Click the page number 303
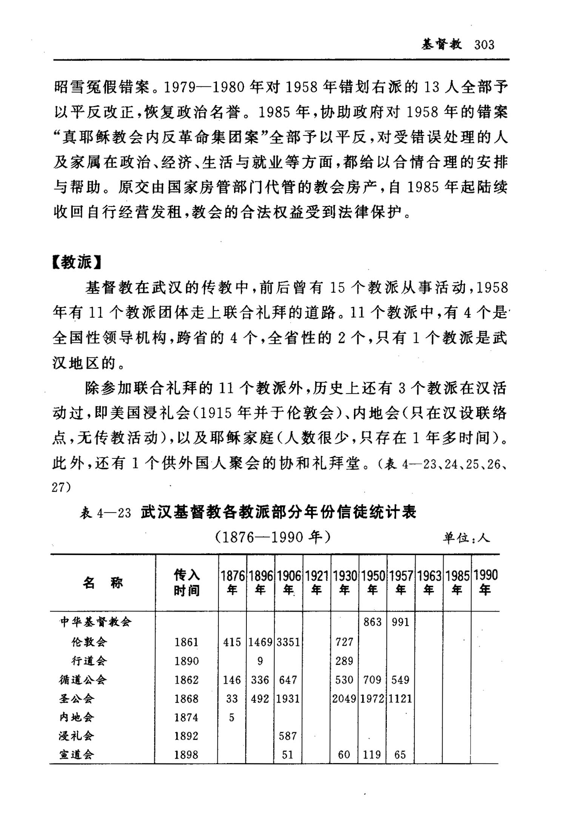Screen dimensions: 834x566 click(x=484, y=45)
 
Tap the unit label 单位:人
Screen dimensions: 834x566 click(x=466, y=537)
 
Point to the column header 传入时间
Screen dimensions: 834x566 click(x=186, y=583)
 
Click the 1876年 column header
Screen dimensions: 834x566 click(x=232, y=583)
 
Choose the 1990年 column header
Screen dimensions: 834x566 click(x=485, y=583)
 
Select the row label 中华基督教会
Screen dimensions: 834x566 click(x=96, y=622)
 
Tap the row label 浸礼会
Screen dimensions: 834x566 click(x=76, y=736)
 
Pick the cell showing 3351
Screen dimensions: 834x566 click(x=288, y=642)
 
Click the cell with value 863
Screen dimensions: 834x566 click(x=372, y=622)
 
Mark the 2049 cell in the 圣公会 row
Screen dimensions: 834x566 click(x=344, y=699)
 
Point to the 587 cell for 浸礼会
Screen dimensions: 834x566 click(x=288, y=736)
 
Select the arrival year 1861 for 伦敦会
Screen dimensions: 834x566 click(x=186, y=642)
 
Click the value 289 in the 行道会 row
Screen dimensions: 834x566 click(x=344, y=661)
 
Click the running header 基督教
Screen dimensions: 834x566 click(x=442, y=45)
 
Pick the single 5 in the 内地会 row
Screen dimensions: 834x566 click(x=232, y=717)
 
